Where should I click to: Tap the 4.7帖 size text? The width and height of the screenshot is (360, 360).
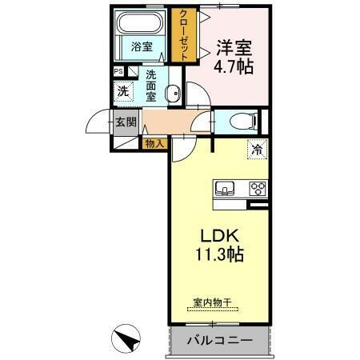(234, 67)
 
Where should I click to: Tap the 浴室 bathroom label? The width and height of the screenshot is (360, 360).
(141, 47)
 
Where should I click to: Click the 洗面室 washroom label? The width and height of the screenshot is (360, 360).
(152, 85)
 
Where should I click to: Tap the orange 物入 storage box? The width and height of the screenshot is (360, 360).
(154, 144)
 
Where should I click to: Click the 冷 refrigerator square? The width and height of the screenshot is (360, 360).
(257, 150)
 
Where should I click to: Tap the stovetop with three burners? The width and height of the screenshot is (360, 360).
(258, 190)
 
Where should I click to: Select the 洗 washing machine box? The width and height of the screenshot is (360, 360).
(123, 91)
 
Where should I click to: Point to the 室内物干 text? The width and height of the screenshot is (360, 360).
(212, 302)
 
